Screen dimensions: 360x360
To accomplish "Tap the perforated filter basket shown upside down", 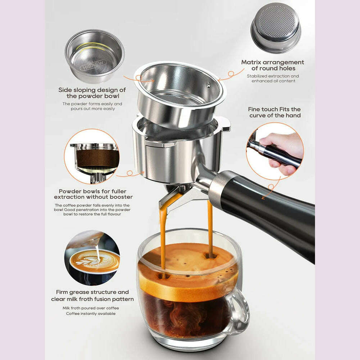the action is tap(276, 28).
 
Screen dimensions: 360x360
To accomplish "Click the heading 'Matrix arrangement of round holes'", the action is tap(273, 65).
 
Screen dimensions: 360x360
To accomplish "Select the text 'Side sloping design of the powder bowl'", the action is tap(92, 93).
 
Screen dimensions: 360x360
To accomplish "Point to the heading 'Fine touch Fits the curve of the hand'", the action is tap(275, 112).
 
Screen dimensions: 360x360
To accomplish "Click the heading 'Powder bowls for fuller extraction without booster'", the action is tap(93, 194).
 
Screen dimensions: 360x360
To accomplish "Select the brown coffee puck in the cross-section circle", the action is tap(98, 158).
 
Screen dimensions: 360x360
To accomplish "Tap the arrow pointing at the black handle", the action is tap(271, 188).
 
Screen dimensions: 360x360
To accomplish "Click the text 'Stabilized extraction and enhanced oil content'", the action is tap(273, 78).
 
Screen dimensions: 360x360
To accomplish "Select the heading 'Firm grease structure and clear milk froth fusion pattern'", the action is tap(92, 296).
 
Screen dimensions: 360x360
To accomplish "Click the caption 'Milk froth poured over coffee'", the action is tap(91, 308).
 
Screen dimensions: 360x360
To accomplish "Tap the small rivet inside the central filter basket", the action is tap(208, 85).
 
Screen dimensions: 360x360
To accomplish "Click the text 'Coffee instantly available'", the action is tap(91, 314).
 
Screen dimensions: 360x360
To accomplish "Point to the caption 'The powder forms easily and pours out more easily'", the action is tap(92, 106).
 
